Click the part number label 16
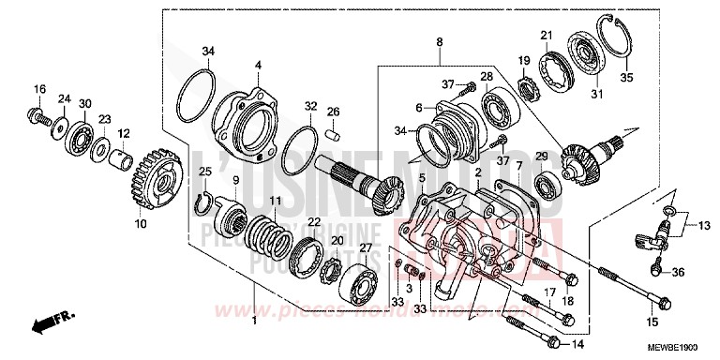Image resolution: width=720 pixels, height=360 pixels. pyautogui.click(x=38, y=89)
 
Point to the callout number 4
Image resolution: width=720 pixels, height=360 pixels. pyautogui.click(x=256, y=65)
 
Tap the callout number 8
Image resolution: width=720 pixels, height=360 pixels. pyautogui.click(x=438, y=41)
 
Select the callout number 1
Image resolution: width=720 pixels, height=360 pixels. pyautogui.click(x=256, y=321)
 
